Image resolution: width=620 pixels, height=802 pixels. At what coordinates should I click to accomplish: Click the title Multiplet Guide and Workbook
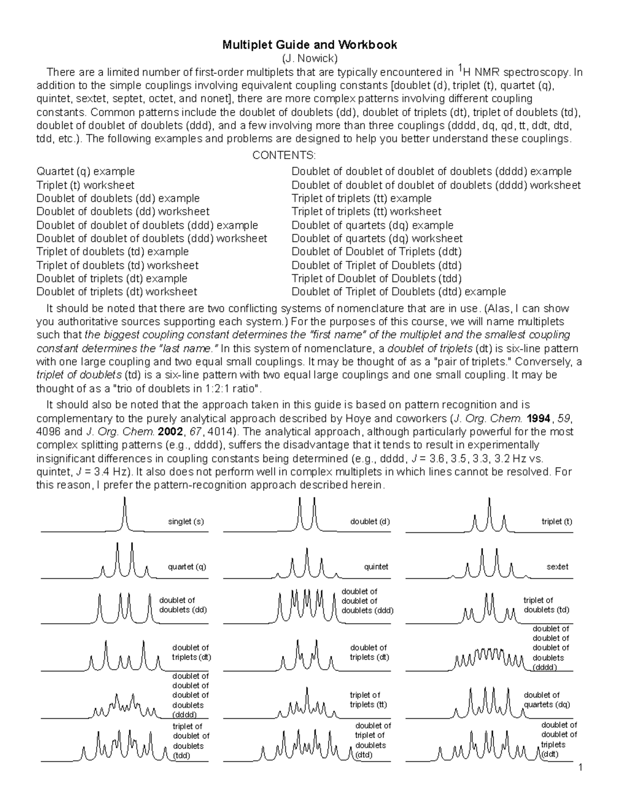pos(309,45)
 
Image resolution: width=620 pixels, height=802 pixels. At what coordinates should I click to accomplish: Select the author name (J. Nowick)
pos(309,58)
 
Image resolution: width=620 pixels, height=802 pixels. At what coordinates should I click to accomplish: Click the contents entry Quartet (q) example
pos(86,171)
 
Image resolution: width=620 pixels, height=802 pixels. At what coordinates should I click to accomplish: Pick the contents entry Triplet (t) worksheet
pos(85,185)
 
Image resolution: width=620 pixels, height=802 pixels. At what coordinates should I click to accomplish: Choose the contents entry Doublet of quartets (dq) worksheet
pos(377,239)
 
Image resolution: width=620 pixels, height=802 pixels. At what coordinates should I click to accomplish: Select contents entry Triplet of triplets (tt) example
pos(361,198)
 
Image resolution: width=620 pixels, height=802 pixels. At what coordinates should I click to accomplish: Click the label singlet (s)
pos(186,522)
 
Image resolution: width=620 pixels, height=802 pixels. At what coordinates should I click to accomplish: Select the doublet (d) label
pos(370,522)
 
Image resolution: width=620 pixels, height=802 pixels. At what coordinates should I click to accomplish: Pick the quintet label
pos(376,567)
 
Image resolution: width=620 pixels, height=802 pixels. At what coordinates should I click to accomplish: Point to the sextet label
pos(557,567)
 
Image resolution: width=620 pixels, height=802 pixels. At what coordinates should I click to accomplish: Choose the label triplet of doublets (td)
pos(546,605)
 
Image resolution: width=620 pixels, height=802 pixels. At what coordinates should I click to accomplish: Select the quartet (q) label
pos(187,567)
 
